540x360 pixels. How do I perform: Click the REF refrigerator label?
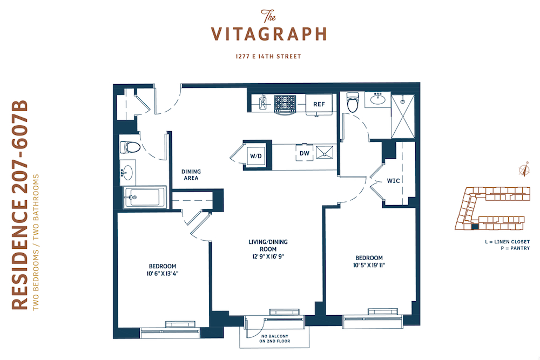[x=319, y=104]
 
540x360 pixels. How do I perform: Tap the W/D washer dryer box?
[x=256, y=155]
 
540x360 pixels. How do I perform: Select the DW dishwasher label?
[x=305, y=153]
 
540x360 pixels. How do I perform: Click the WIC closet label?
[x=393, y=181]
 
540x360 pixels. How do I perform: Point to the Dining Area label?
[x=191, y=175]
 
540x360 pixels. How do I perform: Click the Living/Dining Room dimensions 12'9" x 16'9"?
[x=268, y=256]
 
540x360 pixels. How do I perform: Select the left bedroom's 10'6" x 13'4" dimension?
[x=163, y=274]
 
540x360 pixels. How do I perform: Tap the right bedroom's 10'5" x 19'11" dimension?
[x=369, y=266]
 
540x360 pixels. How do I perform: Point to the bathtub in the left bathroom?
[x=145, y=197]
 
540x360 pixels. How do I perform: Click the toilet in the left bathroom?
[x=130, y=147]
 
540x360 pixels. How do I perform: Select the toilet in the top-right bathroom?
[x=353, y=102]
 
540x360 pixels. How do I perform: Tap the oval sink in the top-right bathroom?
[x=378, y=99]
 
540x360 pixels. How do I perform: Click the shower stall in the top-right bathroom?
[x=403, y=116]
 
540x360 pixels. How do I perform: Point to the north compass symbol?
[x=524, y=169]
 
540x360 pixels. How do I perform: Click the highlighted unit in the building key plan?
[x=475, y=227]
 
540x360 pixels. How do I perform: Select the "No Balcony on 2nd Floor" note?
[x=275, y=338]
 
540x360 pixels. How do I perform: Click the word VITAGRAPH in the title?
[x=268, y=34]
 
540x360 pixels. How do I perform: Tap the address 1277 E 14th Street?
[x=268, y=57]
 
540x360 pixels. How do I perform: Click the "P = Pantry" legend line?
[x=515, y=248]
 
